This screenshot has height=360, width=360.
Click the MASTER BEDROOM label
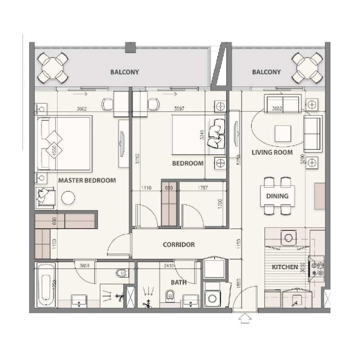click(87, 180)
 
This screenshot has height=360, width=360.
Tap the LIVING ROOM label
click(272, 153)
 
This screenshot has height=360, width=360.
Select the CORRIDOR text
click(179, 245)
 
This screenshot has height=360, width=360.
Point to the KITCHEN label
click(285, 267)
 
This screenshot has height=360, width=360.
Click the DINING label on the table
click(277, 196)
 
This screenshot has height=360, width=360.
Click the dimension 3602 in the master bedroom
click(82, 108)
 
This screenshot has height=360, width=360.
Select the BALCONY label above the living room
click(266, 72)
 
